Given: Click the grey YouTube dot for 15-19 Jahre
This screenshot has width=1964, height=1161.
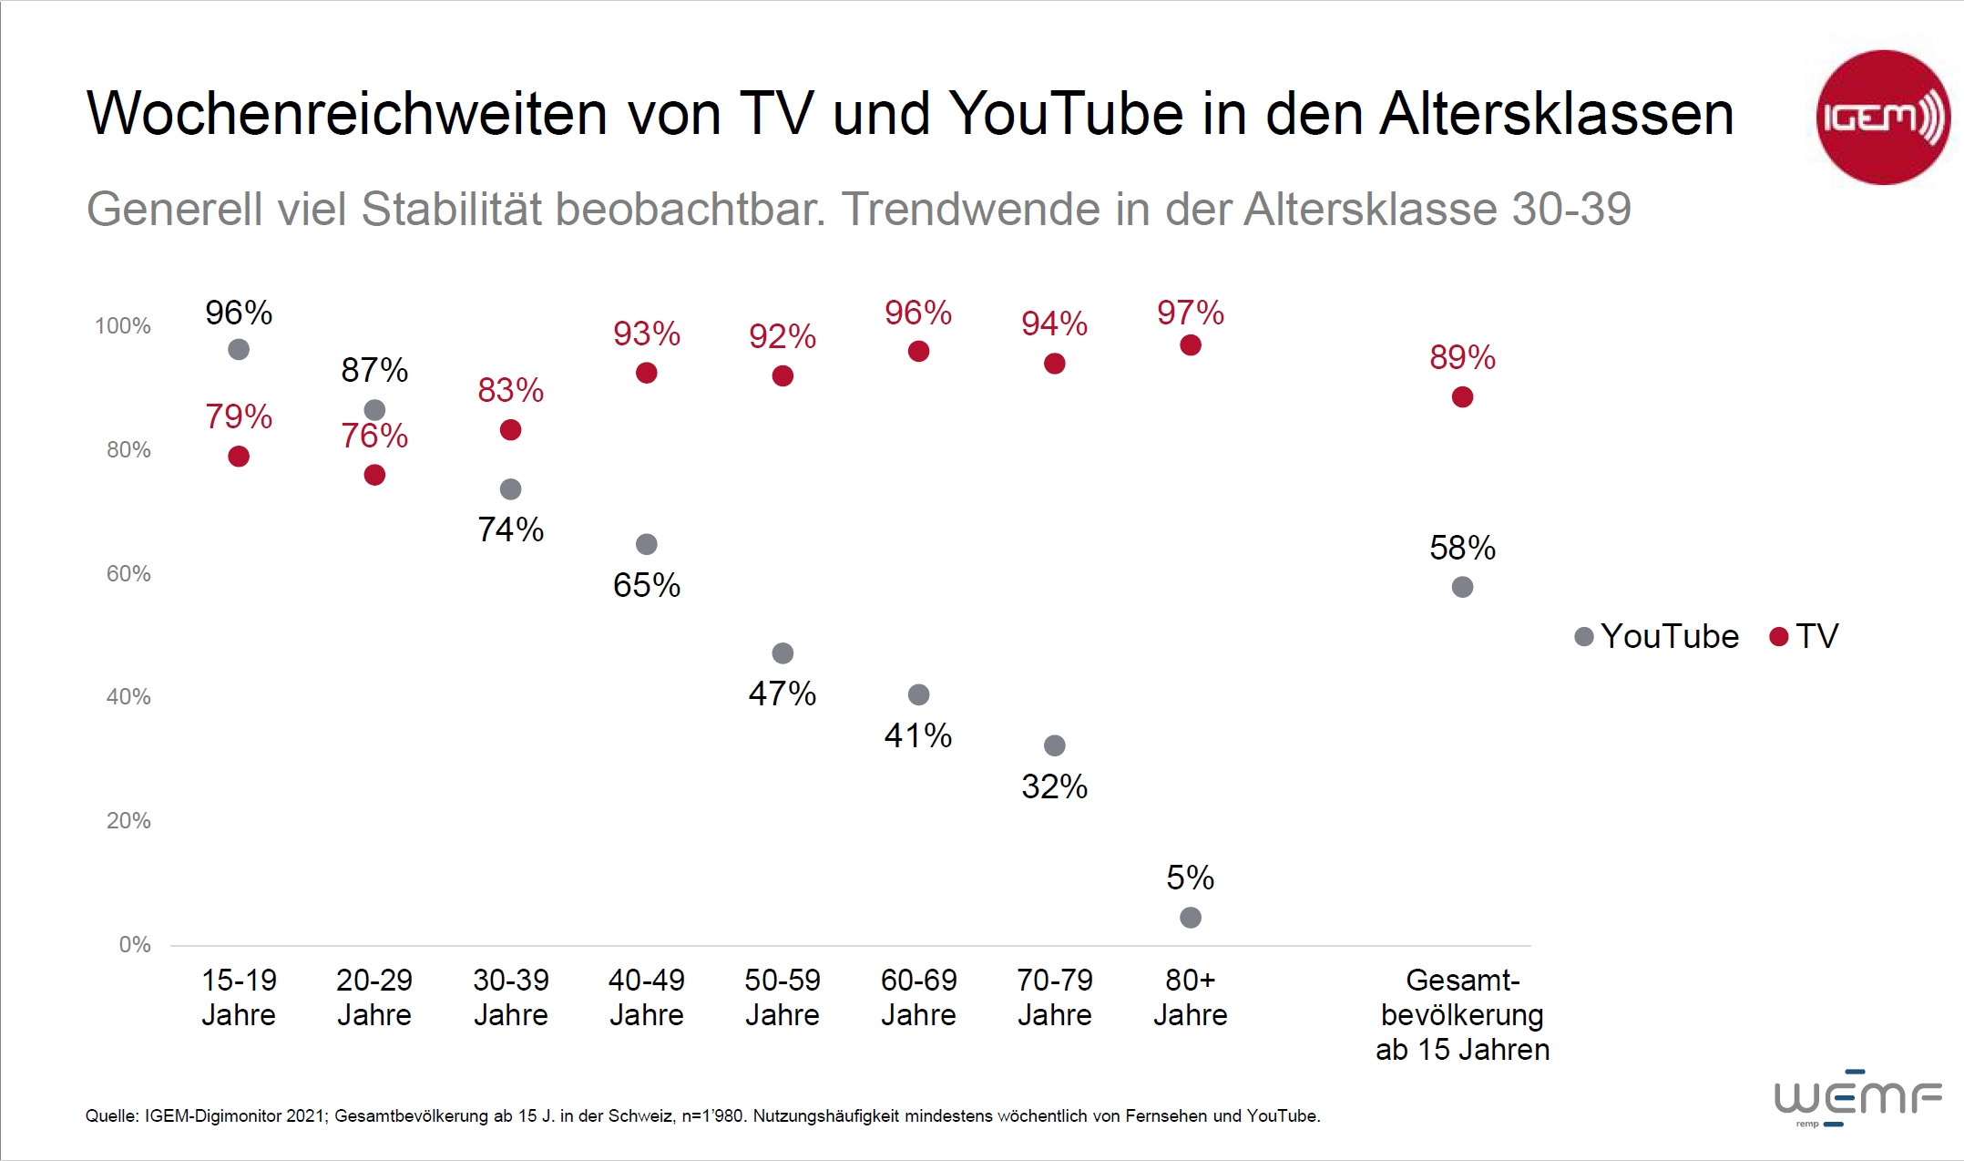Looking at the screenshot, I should coord(239,349).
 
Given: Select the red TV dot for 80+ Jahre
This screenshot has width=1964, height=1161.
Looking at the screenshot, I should coord(1190,345).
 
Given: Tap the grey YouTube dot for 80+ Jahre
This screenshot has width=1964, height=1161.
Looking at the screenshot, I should coord(1190,918).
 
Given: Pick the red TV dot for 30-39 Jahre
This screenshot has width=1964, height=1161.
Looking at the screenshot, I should coord(510,430).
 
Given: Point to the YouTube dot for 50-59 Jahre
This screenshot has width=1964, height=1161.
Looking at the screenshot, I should coord(783,653).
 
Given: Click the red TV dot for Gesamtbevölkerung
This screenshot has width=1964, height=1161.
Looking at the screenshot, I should coord(1462,397).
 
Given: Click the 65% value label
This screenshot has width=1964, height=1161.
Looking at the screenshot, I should coord(647,585).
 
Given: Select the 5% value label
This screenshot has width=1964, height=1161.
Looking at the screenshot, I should coord(1190,878).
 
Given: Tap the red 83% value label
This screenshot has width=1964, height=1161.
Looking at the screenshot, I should coord(510,390).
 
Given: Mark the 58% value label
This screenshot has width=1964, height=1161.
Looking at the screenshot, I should coord(1462,548).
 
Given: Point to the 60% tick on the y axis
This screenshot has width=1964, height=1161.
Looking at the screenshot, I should coord(128,573).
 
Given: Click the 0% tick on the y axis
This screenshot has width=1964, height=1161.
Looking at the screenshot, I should coord(135,944).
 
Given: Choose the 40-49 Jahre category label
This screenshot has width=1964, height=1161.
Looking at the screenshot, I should coord(647,997).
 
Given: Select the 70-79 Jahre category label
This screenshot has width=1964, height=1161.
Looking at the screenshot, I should coord(1054,997).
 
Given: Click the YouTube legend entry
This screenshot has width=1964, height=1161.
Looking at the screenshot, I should coord(1657,636).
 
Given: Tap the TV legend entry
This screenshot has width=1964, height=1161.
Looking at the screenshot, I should coord(1805,636).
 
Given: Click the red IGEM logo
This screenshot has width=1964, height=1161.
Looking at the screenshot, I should coord(1883,118).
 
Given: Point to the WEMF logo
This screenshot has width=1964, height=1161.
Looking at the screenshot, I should coord(1857,1097).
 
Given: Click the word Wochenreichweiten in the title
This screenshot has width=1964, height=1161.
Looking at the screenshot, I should coord(347,114).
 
